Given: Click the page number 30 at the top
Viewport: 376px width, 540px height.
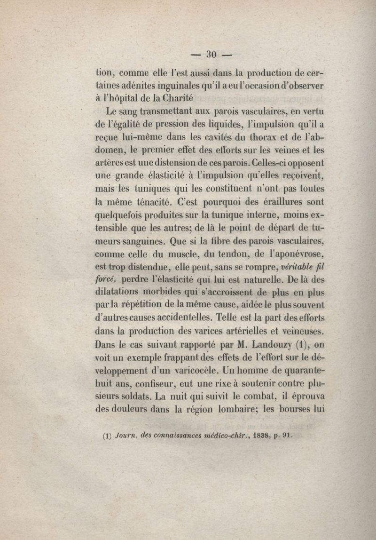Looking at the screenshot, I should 211,55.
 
